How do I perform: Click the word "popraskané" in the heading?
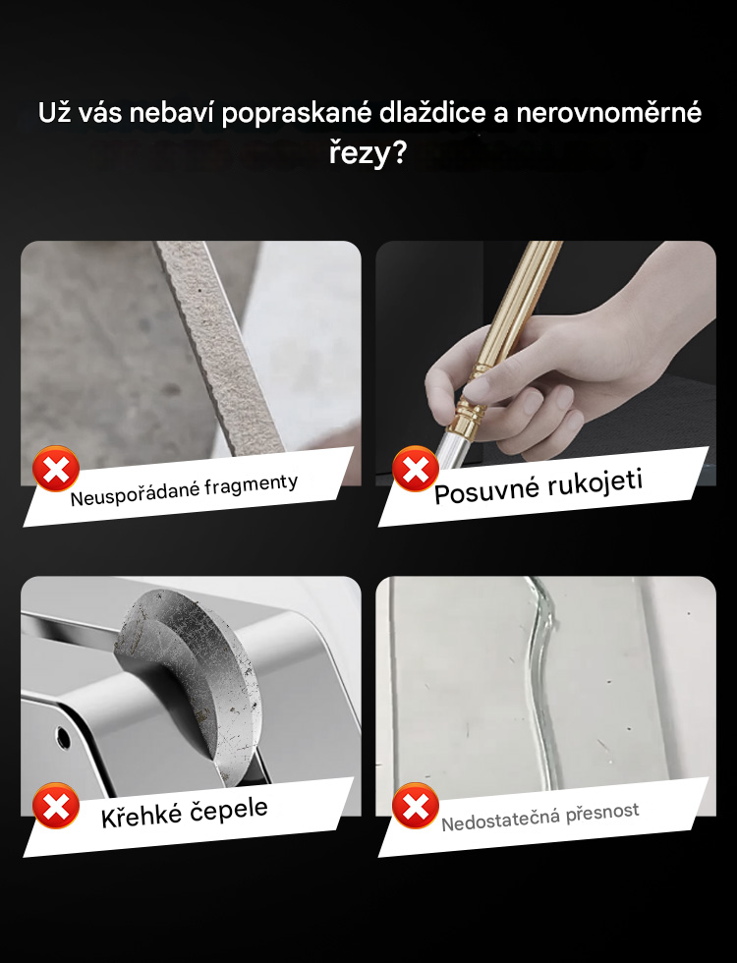[x=297, y=114]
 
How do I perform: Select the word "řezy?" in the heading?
[x=368, y=153]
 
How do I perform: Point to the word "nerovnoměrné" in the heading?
[x=608, y=113]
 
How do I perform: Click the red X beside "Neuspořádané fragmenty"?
[x=56, y=470]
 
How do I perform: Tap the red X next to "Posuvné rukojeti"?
[x=415, y=470]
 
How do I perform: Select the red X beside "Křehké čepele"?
[x=56, y=807]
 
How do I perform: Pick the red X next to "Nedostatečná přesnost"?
[x=415, y=807]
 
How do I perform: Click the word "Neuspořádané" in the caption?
[x=135, y=492]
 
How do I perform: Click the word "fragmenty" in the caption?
[x=252, y=484]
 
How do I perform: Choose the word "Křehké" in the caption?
[x=142, y=816]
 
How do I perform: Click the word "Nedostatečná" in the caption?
[x=500, y=820]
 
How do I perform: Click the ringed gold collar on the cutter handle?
[x=468, y=412]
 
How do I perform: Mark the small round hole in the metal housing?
[x=63, y=737]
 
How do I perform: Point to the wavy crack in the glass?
[x=541, y=682]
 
